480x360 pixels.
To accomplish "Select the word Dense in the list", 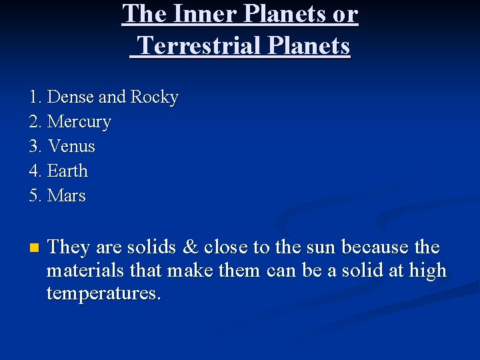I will point(71,97).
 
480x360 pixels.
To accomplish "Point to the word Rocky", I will point(155,97).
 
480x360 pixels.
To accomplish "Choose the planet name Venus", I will point(71,147).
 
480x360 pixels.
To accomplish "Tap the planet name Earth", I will point(68,171).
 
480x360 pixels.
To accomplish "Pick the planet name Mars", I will point(67,196).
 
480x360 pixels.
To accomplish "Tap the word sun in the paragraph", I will point(319,247).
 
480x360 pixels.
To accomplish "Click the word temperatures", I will point(103,294).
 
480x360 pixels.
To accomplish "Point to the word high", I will point(427,271).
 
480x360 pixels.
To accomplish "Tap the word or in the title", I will point(345,14).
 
